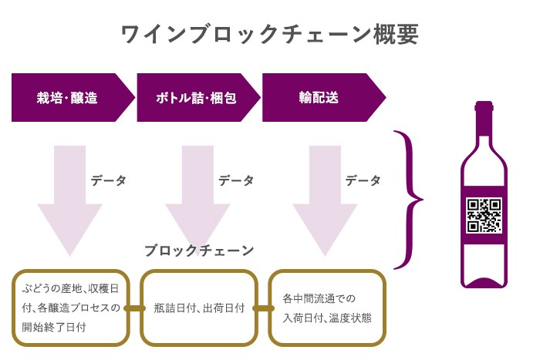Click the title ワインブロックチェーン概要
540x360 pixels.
click(270, 35)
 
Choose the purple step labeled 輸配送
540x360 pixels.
click(319, 98)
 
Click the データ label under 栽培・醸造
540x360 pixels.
click(108, 180)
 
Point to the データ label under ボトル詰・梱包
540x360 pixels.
click(235, 180)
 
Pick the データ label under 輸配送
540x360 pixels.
click(363, 180)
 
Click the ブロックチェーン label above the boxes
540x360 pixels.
click(199, 251)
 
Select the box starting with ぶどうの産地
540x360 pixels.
click(70, 308)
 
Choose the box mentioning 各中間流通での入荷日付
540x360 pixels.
click(327, 308)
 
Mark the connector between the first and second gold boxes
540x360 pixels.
click(135, 308)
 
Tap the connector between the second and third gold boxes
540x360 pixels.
click(263, 308)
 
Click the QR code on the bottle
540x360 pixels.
click(484, 216)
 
